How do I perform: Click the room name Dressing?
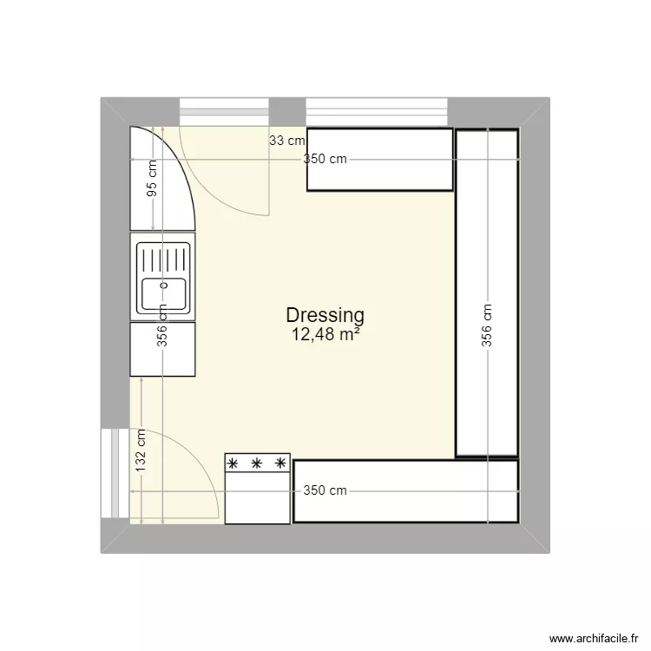325,316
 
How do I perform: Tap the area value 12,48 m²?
325,334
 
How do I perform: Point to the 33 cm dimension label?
286,140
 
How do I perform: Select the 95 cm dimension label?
153,180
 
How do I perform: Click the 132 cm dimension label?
141,450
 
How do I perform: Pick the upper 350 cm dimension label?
325,160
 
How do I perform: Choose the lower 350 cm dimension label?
325,490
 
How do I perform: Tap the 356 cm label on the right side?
488,325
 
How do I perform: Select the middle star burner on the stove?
257,464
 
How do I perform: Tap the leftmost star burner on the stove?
234,464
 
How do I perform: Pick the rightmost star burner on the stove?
279,464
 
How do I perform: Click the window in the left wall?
109,474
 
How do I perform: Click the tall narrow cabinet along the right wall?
487,293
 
